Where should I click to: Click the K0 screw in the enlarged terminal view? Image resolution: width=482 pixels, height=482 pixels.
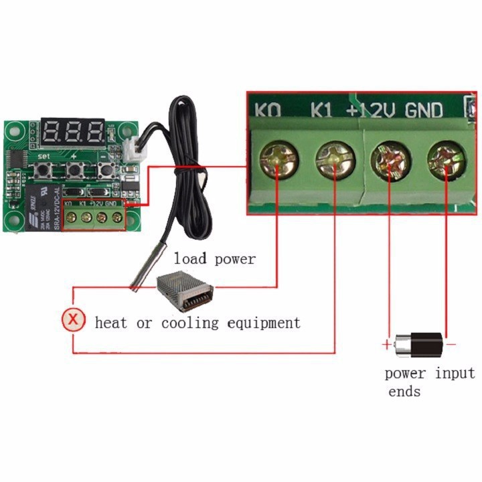pos(278,161)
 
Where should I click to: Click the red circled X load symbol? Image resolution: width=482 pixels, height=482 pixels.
pos(74,321)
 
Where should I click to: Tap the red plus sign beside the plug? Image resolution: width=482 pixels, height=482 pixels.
pos(386,345)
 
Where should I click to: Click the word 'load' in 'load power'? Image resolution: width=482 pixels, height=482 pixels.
pos(190,258)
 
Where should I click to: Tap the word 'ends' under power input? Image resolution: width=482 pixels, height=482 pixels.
pos(404,392)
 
